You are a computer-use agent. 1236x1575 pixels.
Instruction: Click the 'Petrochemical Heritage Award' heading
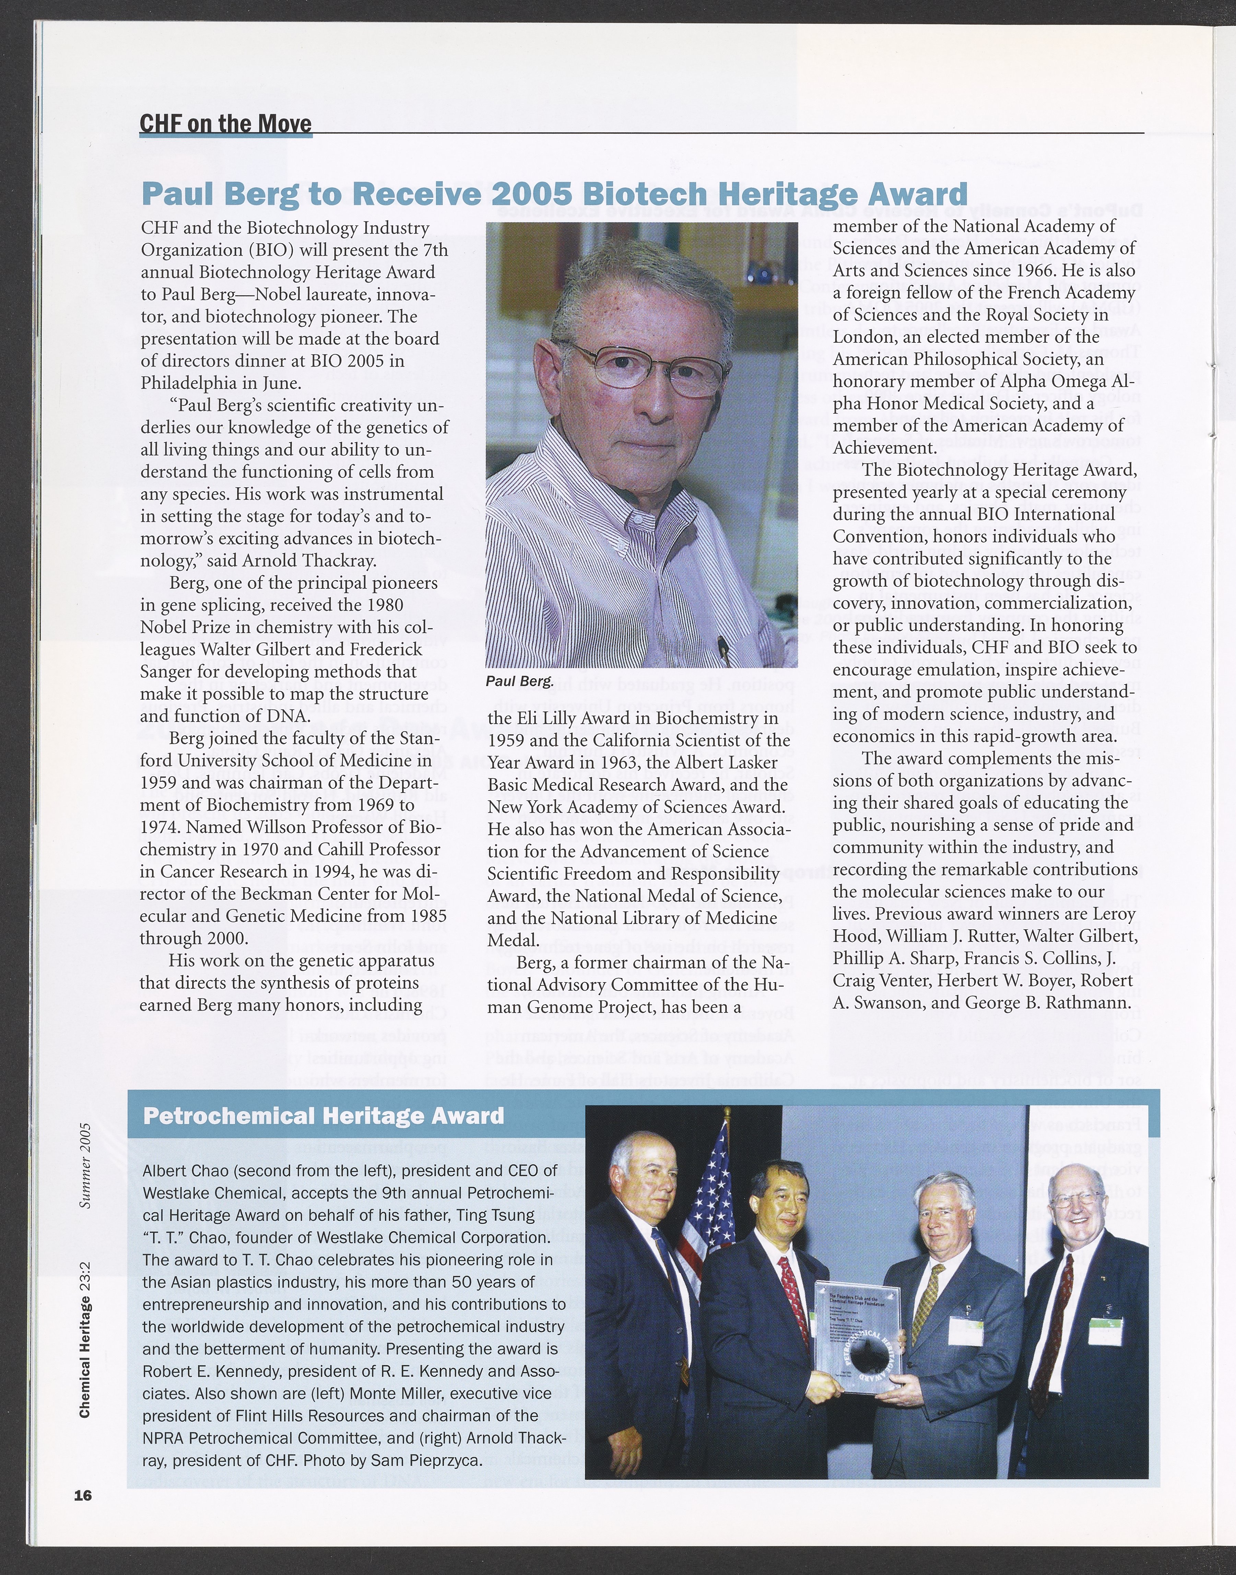(x=323, y=1116)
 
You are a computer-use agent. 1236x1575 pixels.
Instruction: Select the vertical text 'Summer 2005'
(x=85, y=1165)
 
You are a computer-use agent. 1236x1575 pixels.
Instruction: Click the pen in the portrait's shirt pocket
(x=722, y=646)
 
